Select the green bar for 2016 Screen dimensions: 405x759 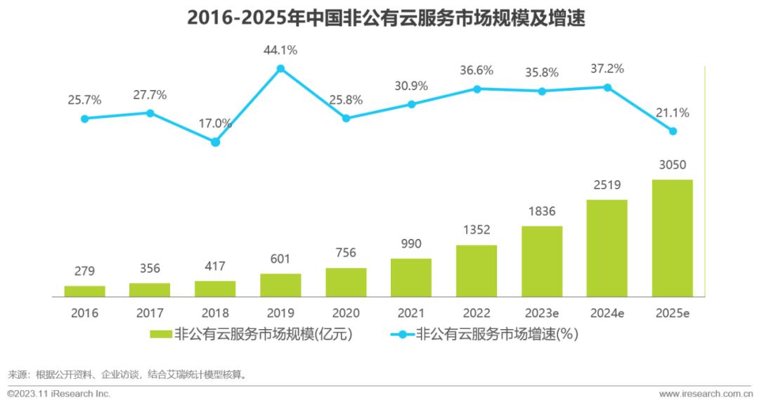click(x=84, y=291)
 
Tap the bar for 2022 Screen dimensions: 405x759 click(x=476, y=271)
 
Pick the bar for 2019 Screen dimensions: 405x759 click(x=280, y=285)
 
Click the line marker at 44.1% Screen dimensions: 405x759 click(x=280, y=68)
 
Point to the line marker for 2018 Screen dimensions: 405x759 click(x=215, y=142)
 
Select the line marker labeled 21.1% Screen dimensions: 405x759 click(x=673, y=131)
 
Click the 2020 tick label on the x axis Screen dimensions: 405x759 click(x=346, y=313)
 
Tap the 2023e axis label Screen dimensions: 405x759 click(x=542, y=313)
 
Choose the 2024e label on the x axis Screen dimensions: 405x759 click(x=607, y=313)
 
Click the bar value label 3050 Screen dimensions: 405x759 click(x=673, y=165)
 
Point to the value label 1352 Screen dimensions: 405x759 click(x=476, y=230)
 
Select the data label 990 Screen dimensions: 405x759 click(x=411, y=244)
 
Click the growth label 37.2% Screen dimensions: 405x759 click(x=607, y=69)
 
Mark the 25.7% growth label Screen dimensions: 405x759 click(x=84, y=101)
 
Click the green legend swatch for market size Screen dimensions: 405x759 click(x=160, y=335)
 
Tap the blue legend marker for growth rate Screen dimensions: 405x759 click(x=402, y=335)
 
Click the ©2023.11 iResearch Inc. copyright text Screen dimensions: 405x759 click(x=59, y=394)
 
